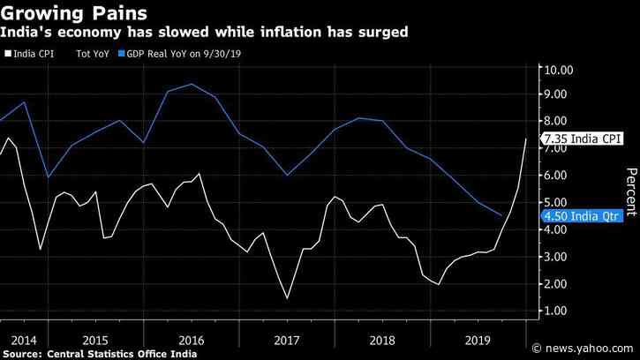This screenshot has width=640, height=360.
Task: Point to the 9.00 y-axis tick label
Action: click(x=566, y=94)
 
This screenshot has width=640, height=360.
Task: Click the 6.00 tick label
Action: click(x=566, y=176)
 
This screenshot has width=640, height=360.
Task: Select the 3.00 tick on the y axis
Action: click(x=566, y=257)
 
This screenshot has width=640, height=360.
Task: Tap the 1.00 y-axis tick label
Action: click(x=566, y=311)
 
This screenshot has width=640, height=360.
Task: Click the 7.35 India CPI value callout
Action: click(x=584, y=139)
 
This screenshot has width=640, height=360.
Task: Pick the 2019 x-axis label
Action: click(x=477, y=339)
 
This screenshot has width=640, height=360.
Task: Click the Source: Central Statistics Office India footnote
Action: click(x=99, y=353)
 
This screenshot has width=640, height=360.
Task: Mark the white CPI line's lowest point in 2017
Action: click(x=288, y=298)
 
